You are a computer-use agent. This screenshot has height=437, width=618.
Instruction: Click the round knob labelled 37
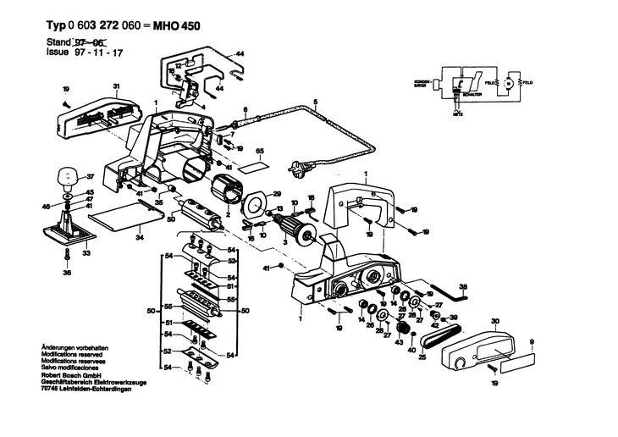point(65,179)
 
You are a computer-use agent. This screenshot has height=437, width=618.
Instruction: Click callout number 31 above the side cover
point(116,86)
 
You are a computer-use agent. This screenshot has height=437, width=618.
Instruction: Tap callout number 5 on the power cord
point(315,102)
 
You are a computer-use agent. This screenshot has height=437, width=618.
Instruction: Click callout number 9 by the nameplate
point(532,341)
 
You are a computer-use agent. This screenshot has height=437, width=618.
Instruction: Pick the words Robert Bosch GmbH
point(72,374)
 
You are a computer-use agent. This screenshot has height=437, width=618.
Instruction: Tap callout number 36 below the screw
point(67,274)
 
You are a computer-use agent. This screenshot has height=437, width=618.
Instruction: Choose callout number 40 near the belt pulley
point(412,349)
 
